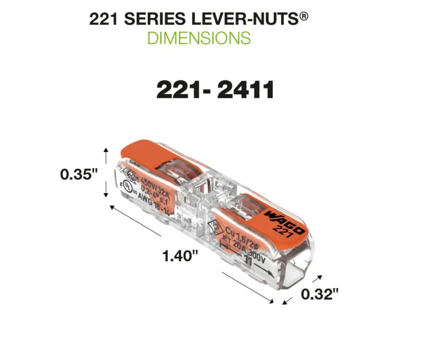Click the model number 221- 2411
(214, 90)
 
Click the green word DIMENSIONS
(199, 38)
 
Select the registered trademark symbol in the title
(303, 14)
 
